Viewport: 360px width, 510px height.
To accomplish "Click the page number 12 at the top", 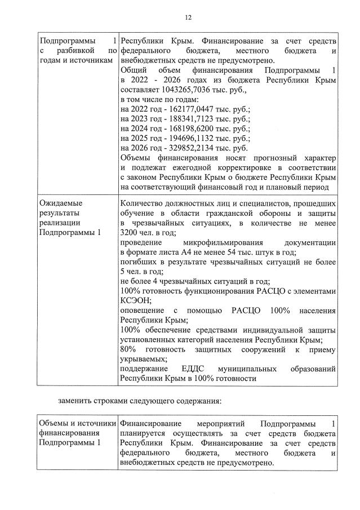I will tap(188, 17).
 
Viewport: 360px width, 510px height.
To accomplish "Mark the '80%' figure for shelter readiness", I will tap(129, 349).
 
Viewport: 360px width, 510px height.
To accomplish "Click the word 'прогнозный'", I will tap(270, 158).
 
